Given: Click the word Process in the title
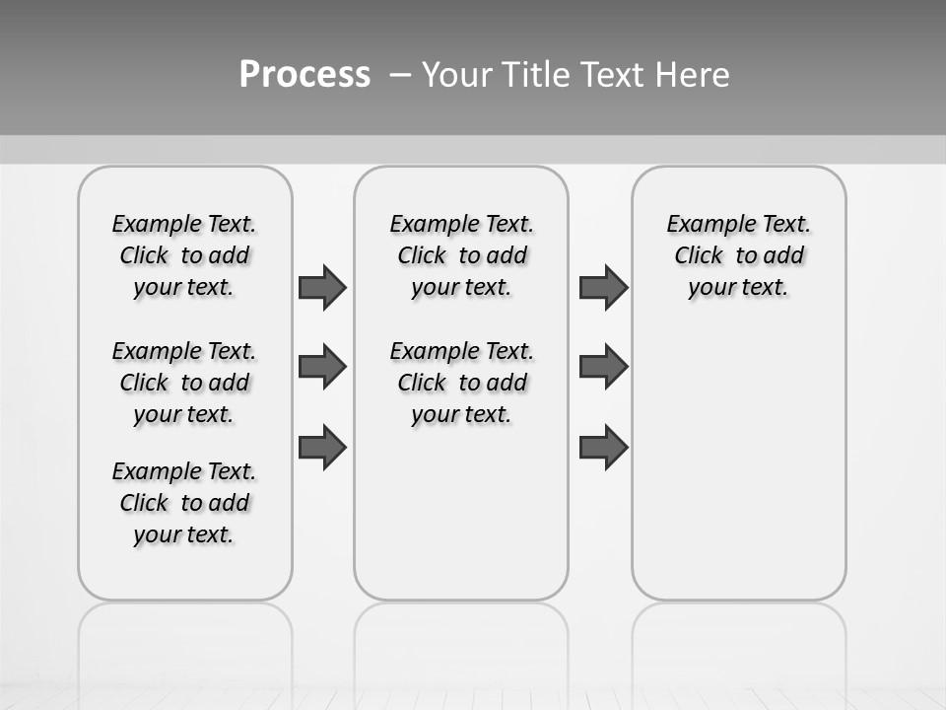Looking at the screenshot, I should click(x=304, y=75).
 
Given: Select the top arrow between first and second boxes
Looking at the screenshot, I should click(x=322, y=287).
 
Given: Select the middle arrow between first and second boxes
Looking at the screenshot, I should click(x=322, y=367).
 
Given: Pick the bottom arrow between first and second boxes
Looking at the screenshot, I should click(x=322, y=447).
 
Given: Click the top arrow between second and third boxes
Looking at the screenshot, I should click(x=603, y=287).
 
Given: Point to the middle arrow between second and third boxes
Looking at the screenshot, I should click(x=603, y=367).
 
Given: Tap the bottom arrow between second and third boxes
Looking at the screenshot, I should click(x=603, y=447).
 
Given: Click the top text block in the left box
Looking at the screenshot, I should click(x=184, y=255).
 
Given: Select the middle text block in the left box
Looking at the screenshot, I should click(x=184, y=383).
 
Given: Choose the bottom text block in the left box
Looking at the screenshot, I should click(x=184, y=503).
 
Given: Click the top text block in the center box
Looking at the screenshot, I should click(x=461, y=255).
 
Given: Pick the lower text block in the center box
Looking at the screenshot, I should click(x=461, y=383).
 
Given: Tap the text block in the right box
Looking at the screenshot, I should click(x=739, y=255).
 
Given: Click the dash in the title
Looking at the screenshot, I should click(x=400, y=75).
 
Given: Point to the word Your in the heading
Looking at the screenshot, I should click(x=457, y=75).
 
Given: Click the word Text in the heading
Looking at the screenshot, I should click(x=612, y=75).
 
